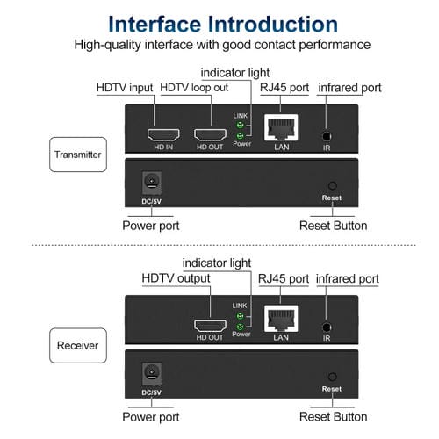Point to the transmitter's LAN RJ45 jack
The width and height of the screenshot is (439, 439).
[x=281, y=131]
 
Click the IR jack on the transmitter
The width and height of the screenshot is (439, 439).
[x=327, y=136]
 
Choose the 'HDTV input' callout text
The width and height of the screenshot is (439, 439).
[x=125, y=89]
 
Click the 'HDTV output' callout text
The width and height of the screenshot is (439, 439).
[x=176, y=279]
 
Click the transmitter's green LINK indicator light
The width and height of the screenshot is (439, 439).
[x=240, y=126]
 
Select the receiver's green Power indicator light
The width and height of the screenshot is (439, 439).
[x=240, y=327]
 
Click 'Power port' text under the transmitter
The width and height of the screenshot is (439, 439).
[x=151, y=226]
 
